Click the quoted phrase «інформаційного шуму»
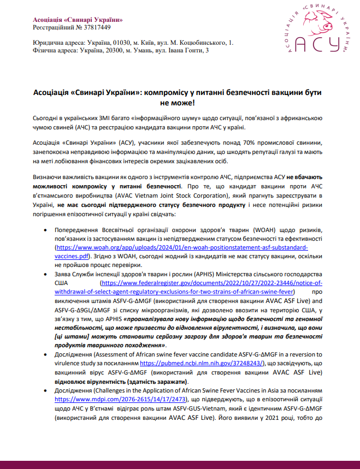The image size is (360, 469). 141,118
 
